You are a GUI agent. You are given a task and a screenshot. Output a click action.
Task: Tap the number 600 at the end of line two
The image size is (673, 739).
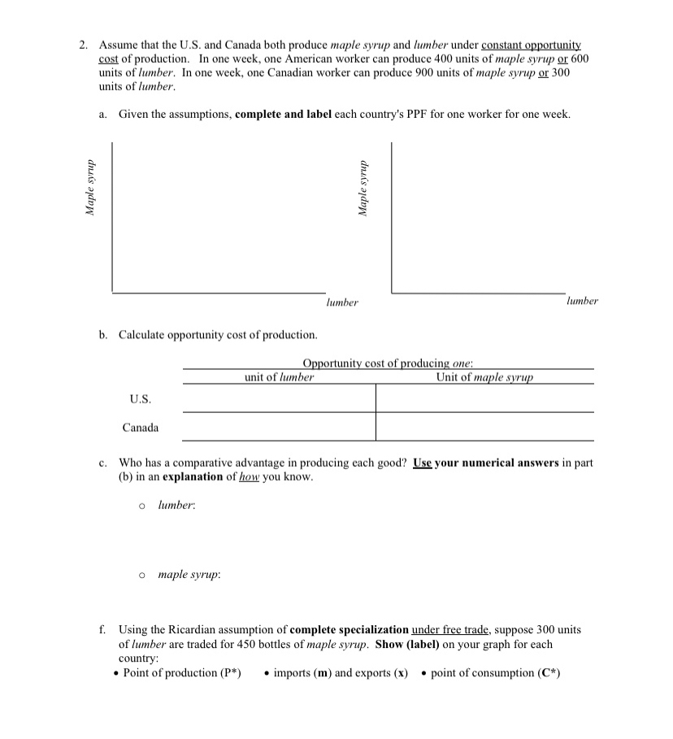[580, 59]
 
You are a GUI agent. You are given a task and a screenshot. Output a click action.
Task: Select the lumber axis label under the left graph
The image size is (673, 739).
[342, 302]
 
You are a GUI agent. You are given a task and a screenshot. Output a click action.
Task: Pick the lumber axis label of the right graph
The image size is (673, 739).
[582, 301]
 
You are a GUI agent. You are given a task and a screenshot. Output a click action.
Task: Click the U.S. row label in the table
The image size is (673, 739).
[140, 399]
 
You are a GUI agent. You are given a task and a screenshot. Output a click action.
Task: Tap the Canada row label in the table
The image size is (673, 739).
[141, 428]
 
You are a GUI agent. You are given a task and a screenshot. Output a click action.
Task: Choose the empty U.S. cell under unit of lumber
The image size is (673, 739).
[279, 398]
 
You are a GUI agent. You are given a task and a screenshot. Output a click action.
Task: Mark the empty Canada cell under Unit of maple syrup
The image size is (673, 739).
[484, 427]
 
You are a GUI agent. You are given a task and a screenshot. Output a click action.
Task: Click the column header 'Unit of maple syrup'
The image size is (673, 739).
[484, 377]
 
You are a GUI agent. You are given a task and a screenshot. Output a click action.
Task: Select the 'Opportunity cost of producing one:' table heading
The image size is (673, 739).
[388, 363]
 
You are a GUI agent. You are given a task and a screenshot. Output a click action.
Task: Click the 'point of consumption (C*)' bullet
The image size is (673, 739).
[495, 673]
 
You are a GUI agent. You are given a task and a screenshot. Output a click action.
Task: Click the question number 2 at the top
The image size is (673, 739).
[83, 46]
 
